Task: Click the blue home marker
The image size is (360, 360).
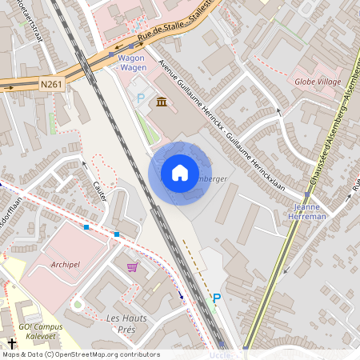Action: (179, 173)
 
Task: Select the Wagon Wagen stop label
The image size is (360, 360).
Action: (132, 63)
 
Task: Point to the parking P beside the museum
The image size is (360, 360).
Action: (141, 98)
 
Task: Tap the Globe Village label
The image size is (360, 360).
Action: (318, 82)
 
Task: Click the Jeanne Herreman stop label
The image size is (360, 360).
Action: (306, 210)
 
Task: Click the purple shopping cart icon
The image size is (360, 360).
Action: (132, 266)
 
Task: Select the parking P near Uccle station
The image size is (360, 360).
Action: (215, 298)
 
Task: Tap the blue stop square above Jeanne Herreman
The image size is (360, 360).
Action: (306, 194)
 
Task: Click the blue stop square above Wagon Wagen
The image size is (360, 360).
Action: (132, 46)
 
